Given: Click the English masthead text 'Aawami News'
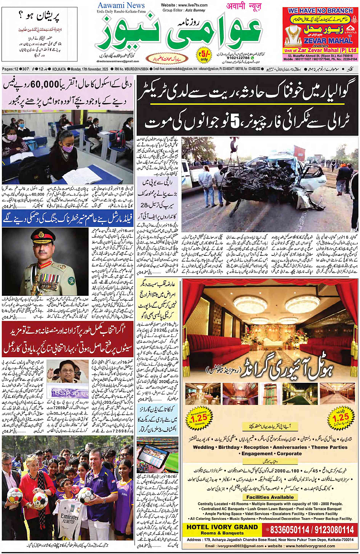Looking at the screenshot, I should pos(121,5).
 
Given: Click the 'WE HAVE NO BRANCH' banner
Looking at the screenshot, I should pos(320,11).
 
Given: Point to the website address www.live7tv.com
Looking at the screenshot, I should pos(184,5).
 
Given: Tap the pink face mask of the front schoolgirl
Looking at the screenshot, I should pos(67,147).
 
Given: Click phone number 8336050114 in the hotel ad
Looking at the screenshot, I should pos(289,530).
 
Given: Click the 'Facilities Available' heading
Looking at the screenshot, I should pos(270,497).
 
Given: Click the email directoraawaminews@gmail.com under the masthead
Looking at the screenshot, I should pos(118,61).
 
